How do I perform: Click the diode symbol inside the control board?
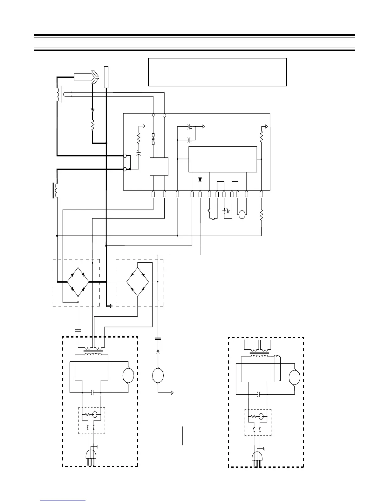tap(200, 180)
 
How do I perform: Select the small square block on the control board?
tap(159, 166)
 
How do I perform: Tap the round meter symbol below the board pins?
tap(242, 214)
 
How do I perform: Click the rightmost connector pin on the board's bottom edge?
tap(261, 194)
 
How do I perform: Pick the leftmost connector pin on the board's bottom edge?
tap(154, 194)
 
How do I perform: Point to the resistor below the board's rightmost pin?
tap(261, 215)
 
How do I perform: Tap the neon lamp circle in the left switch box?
tap(95, 414)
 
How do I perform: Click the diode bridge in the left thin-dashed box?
tap(78, 282)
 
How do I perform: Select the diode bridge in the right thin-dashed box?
tap(138, 282)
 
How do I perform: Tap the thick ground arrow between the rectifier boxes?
tap(110, 306)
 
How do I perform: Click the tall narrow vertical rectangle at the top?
tap(106, 77)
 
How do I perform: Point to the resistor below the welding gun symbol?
tap(93, 125)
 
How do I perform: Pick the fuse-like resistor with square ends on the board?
tap(154, 139)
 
